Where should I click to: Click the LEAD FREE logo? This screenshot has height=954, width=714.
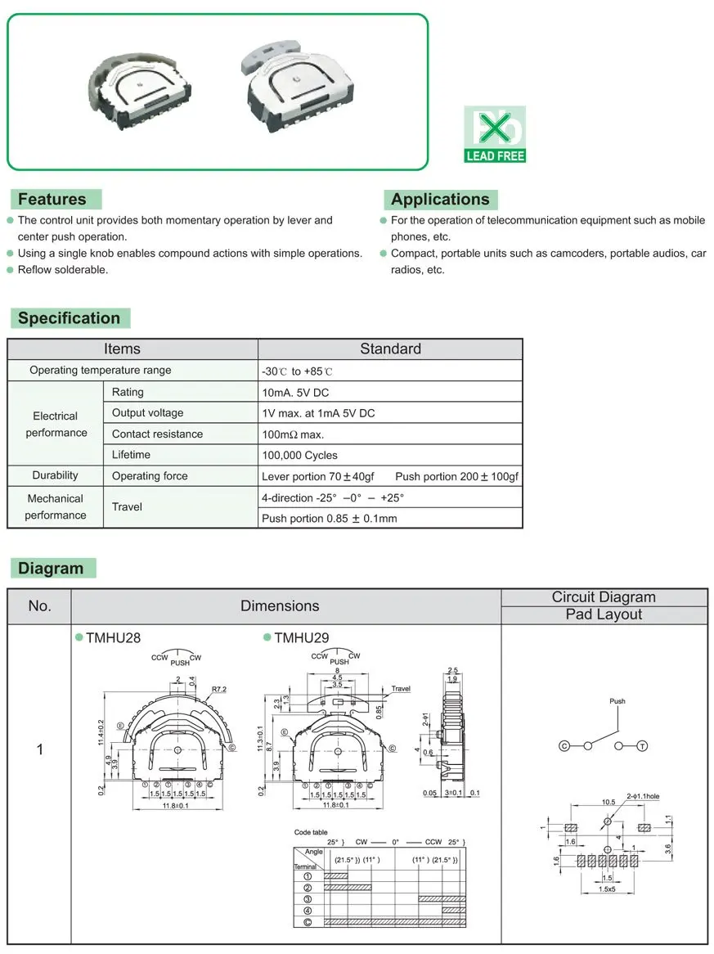coord(495,134)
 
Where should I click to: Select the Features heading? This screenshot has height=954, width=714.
coord(52,199)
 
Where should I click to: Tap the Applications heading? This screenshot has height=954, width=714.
coord(440,199)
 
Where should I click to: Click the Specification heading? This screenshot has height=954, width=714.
coord(70,318)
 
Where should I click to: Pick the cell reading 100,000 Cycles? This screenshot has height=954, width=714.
coord(299,455)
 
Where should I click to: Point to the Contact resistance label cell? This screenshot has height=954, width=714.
coord(157,434)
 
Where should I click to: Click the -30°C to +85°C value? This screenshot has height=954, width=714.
coord(298,371)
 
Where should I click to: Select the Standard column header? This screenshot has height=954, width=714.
coord(390,349)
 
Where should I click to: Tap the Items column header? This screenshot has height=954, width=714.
coord(122,349)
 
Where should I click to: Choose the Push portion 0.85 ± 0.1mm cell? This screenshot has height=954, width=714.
coord(329,519)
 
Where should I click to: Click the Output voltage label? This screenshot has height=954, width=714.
coord(148,413)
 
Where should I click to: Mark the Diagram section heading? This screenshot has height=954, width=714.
coord(52,568)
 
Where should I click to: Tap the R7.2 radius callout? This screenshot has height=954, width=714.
coord(218,690)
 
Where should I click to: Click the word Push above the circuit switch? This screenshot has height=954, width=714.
coord(617,701)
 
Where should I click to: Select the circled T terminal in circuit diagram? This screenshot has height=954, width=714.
coord(642,746)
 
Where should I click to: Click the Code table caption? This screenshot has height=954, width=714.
coord(312,832)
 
